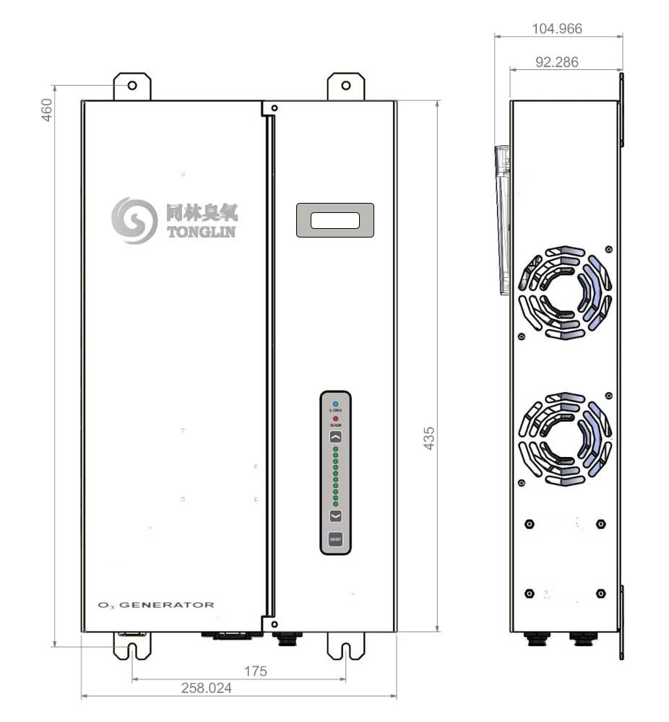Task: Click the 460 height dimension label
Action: tap(47, 109)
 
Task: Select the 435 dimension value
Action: tap(429, 438)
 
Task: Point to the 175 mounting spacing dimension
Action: tap(255, 671)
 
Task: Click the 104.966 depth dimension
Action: tap(556, 28)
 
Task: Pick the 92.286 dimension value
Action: tap(556, 62)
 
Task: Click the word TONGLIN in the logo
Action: tap(201, 232)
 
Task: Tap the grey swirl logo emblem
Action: tap(134, 220)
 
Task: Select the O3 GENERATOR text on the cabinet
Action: tap(156, 604)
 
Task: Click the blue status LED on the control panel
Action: tap(336, 403)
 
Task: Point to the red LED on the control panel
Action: tap(336, 419)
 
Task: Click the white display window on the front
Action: tap(334, 220)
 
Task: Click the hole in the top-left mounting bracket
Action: tap(133, 86)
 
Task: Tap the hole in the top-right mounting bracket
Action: tap(346, 86)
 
